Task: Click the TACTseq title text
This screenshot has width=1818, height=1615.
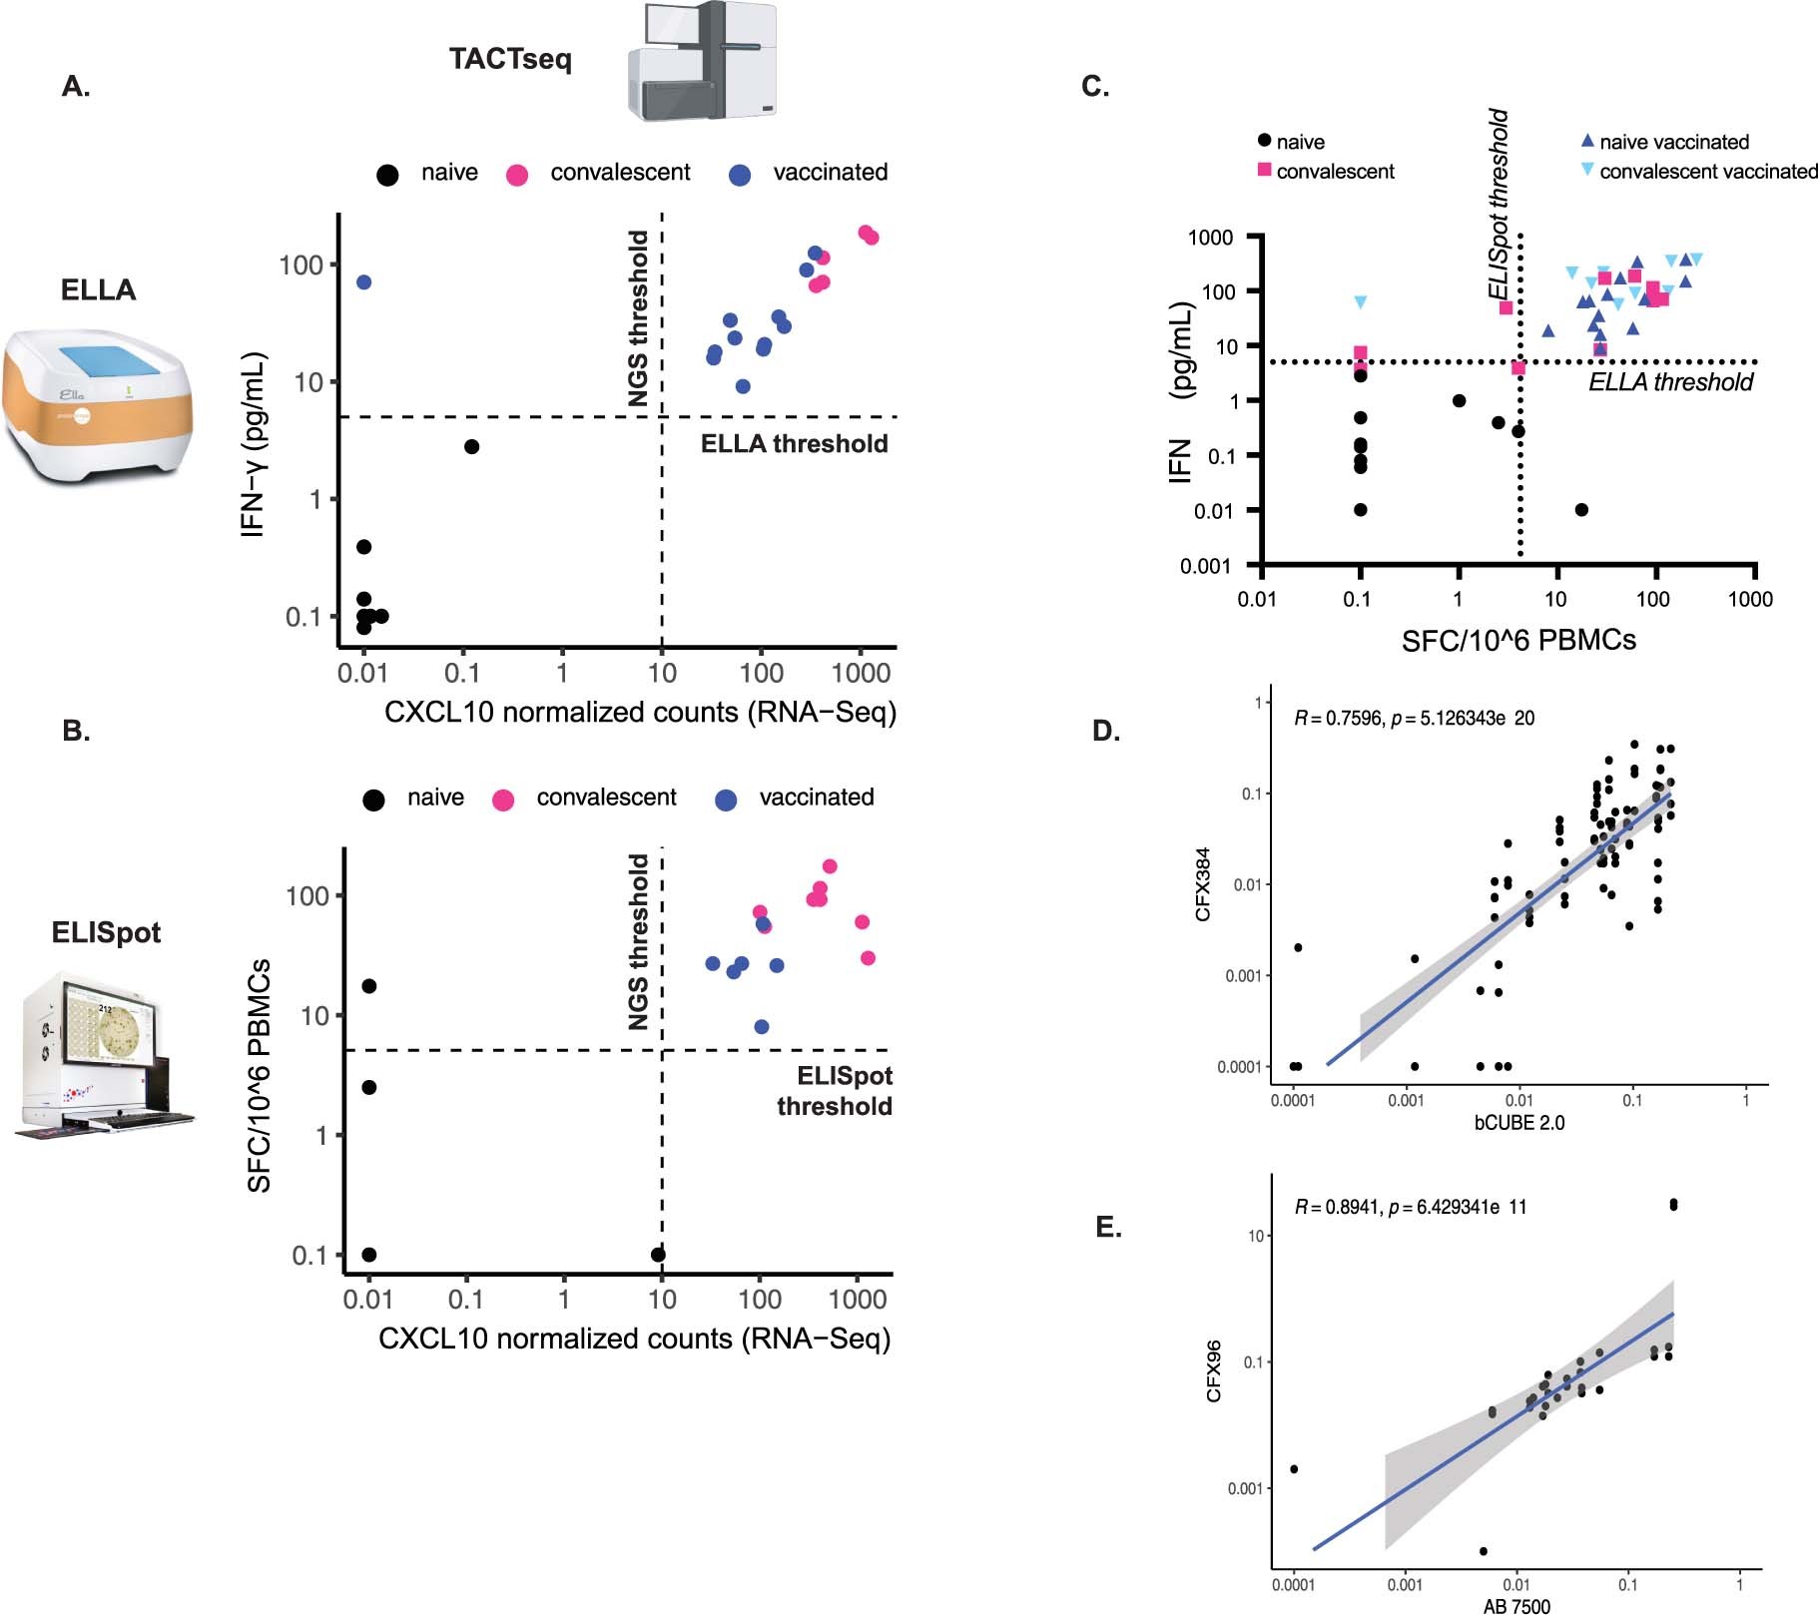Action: (510, 59)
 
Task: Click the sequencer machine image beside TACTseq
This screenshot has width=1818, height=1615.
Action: (702, 62)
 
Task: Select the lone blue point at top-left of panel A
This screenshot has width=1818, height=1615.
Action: (363, 282)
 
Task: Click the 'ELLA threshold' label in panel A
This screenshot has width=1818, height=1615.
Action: (794, 444)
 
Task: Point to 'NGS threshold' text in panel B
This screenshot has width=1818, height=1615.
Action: (638, 941)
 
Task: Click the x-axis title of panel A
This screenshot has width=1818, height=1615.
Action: (640, 713)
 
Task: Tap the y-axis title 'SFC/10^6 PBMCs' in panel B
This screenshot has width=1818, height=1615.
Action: (260, 1075)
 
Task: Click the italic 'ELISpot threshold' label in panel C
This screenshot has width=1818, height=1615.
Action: (1498, 205)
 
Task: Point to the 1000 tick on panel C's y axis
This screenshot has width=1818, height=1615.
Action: (1210, 238)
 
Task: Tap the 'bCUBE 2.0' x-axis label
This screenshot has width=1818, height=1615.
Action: (1518, 1123)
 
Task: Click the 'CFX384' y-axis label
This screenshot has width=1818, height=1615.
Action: (1204, 884)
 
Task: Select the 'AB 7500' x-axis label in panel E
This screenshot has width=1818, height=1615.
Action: (1516, 1606)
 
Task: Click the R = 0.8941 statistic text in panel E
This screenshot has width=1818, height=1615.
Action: (1410, 1207)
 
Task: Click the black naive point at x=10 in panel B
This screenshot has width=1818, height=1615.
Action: (658, 1255)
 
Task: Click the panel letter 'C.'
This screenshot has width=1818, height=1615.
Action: (1095, 87)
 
